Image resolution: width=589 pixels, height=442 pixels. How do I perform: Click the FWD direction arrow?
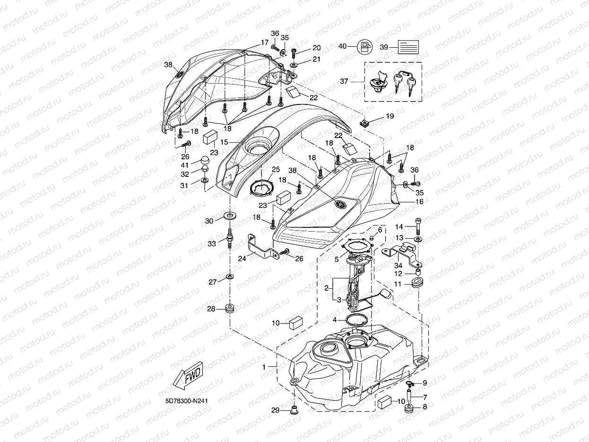tap(188, 377)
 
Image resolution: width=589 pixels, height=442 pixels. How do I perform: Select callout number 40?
tap(342, 46)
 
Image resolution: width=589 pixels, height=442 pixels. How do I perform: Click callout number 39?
tap(384, 47)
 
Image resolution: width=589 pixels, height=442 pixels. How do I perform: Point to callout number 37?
tap(357, 81)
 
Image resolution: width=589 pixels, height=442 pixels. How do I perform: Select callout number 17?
tap(265, 42)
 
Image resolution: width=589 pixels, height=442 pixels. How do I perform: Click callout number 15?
tap(225, 142)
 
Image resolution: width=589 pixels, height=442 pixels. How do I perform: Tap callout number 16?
tap(419, 201)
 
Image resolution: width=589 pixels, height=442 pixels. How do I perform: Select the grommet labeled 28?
tap(230, 309)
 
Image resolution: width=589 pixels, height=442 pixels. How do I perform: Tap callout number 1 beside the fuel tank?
tap(264, 366)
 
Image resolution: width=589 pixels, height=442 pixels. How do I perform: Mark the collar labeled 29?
tap(294, 408)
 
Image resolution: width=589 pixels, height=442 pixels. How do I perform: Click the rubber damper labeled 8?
tap(408, 407)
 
